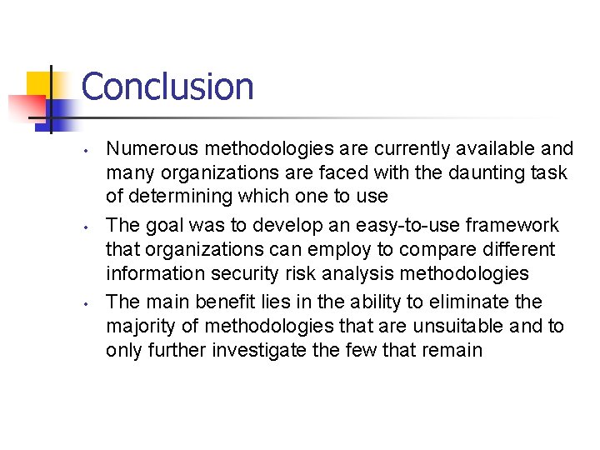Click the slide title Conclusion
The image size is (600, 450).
click(167, 87)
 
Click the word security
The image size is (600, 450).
click(257, 273)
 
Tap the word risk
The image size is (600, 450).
click(312, 273)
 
